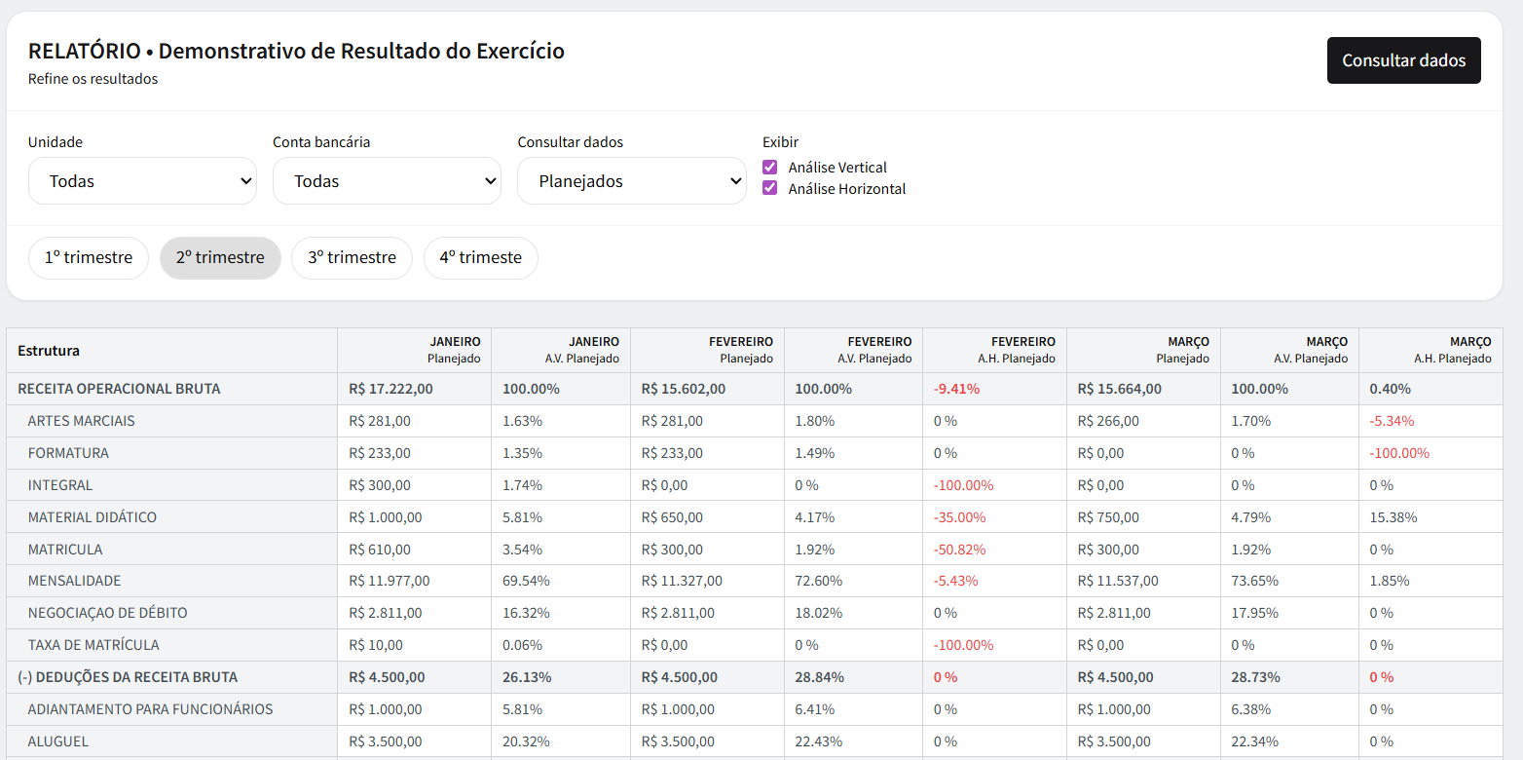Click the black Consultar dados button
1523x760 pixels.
point(1403,60)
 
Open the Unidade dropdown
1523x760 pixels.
point(142,181)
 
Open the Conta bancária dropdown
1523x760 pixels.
point(387,181)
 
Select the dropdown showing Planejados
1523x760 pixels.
point(631,181)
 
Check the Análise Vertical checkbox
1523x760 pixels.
point(770,168)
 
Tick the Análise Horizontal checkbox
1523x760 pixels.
point(770,189)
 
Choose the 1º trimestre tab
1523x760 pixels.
point(89,258)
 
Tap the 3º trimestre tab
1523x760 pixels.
point(352,258)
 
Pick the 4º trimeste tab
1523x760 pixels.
point(480,258)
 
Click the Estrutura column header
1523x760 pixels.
point(49,351)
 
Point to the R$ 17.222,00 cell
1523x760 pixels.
point(390,389)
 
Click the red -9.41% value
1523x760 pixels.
point(956,389)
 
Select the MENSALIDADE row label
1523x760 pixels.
point(75,581)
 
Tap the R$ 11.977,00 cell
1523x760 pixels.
point(389,581)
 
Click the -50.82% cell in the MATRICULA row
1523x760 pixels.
point(959,550)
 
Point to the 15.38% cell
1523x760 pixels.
point(1393,517)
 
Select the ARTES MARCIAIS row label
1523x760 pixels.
point(81,421)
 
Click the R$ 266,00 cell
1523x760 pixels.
point(1108,421)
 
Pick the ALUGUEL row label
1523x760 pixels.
point(58,741)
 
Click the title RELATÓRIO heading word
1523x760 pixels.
point(84,52)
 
